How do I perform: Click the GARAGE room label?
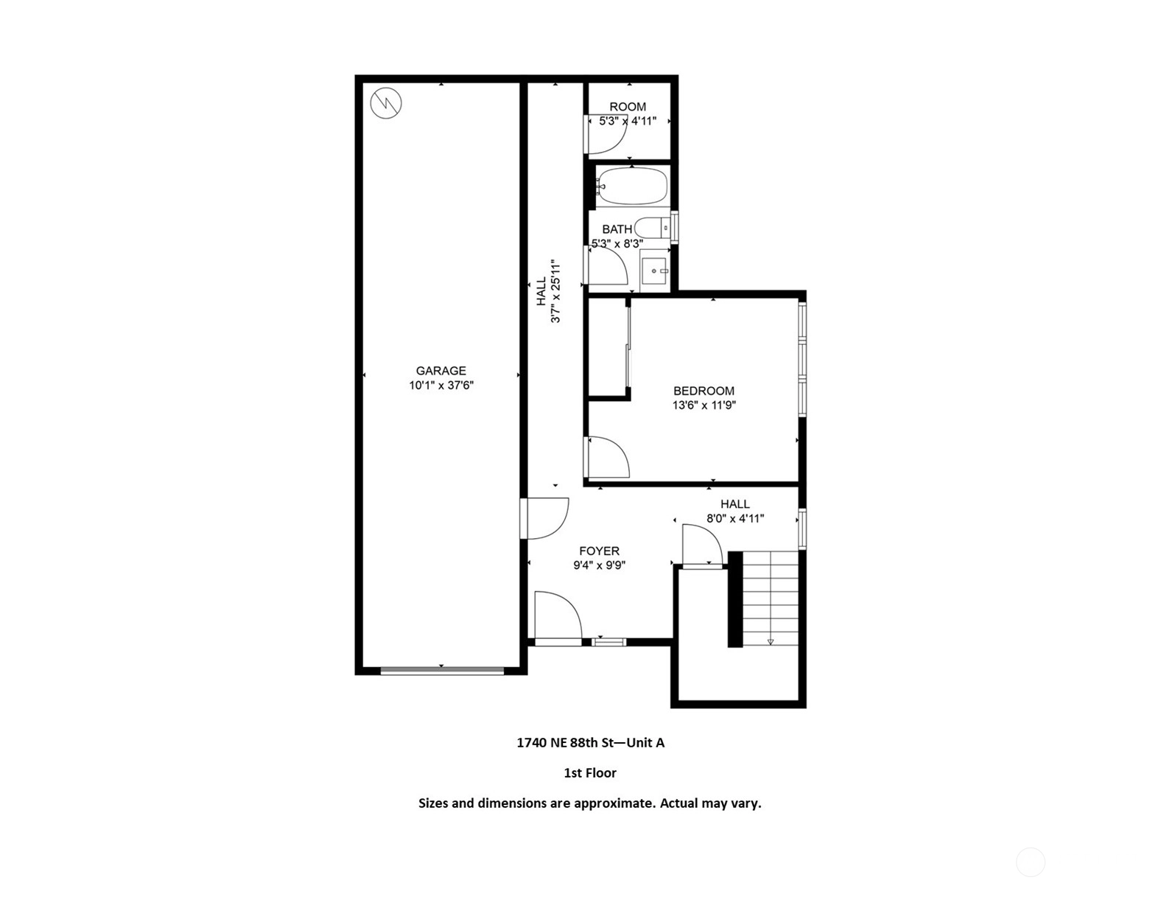(x=441, y=371)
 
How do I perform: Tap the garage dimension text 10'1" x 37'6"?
(x=441, y=385)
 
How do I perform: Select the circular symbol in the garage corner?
(x=386, y=103)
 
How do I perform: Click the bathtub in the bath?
(x=631, y=186)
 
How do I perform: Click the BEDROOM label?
(x=704, y=391)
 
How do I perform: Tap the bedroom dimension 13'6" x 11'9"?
(x=704, y=405)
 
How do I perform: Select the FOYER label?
(x=600, y=551)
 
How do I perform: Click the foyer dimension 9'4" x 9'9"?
(x=600, y=565)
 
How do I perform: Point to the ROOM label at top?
(x=628, y=106)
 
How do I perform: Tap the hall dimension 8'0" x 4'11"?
(x=735, y=518)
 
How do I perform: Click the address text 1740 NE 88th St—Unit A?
(x=590, y=742)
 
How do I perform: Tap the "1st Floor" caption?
(x=590, y=772)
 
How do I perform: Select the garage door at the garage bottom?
(x=442, y=670)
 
